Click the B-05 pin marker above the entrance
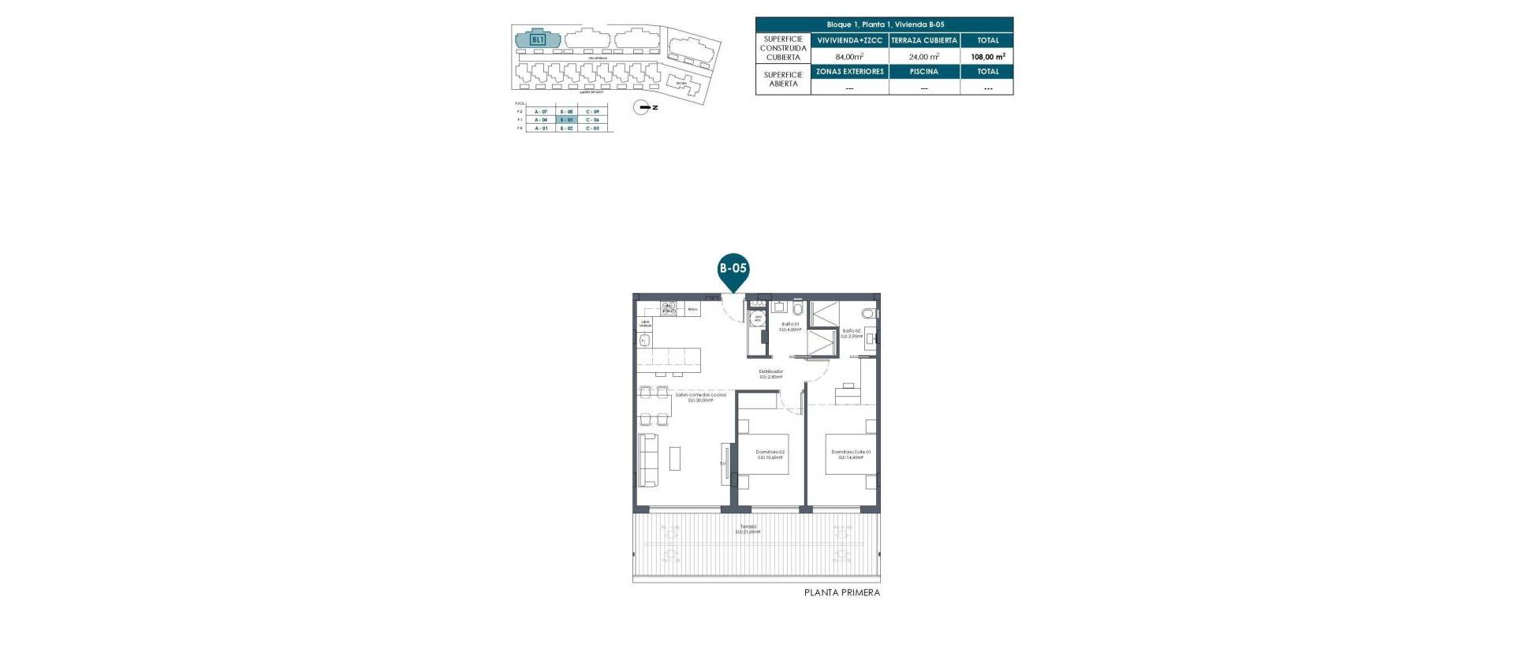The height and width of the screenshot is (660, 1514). (733, 268)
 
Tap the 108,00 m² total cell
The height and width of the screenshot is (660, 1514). (987, 57)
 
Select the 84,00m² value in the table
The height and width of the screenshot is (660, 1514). (849, 57)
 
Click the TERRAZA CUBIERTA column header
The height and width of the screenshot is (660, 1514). (923, 40)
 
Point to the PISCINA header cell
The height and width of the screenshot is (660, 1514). (923, 72)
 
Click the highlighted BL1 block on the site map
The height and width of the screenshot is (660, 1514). (538, 39)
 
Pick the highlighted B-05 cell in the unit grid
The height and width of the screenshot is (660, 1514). (566, 120)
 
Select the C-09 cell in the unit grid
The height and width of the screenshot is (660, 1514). (592, 112)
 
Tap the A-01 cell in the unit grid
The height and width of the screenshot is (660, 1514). (541, 128)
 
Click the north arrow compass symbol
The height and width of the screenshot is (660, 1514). (643, 107)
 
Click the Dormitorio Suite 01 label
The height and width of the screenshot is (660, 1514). (851, 454)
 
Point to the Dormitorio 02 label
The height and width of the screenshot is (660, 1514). (770, 454)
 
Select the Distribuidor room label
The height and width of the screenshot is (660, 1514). (770, 374)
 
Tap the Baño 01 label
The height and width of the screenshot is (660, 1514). (790, 326)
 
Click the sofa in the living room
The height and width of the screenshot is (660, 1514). (647, 459)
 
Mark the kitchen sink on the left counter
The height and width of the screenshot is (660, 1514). (643, 341)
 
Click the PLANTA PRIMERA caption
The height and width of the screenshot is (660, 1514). (841, 592)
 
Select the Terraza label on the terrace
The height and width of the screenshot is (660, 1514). (748, 528)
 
